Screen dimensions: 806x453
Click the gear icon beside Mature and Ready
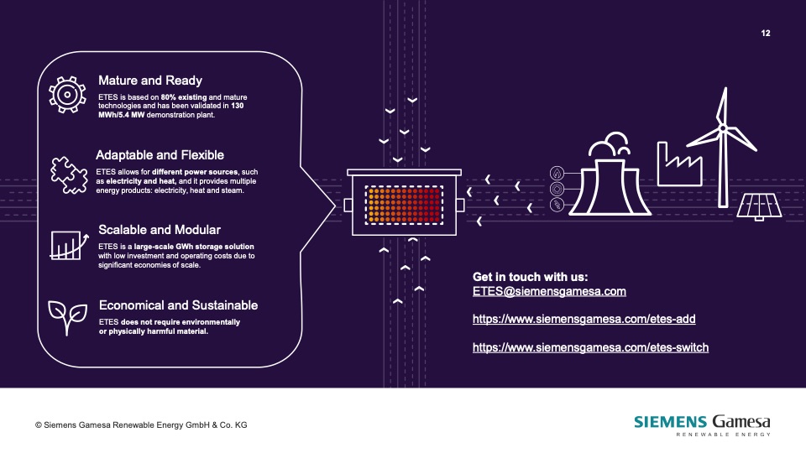coord(67,95)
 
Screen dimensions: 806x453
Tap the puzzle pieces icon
coord(69,175)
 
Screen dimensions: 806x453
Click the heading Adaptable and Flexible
coord(160,155)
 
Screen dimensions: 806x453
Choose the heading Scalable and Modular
coord(160,230)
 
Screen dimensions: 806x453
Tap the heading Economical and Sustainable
coord(178,305)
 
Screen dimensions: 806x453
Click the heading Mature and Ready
coord(150,81)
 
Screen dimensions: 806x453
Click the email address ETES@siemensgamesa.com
coord(549,291)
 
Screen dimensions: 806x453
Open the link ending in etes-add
coord(584,319)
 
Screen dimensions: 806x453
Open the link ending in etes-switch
coord(590,347)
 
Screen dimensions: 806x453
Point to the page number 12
coord(766,34)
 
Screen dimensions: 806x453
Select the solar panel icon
coord(759,207)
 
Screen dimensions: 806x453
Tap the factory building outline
coord(679,164)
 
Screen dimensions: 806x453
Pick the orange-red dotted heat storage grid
coord(404,205)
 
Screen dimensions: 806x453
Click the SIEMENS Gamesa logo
coord(702,425)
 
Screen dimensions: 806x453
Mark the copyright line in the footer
coord(141,425)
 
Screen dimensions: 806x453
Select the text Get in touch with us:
coord(530,277)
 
